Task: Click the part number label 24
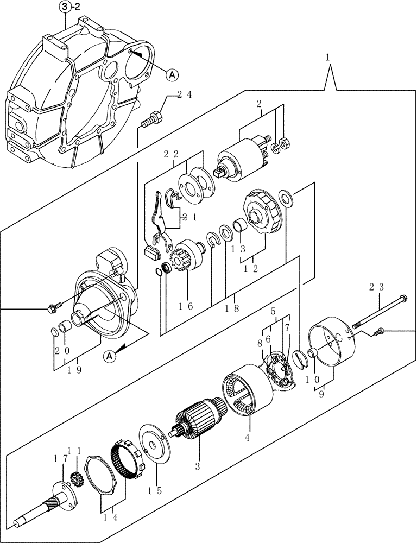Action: [x=184, y=95]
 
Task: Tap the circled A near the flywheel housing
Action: [x=170, y=75]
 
